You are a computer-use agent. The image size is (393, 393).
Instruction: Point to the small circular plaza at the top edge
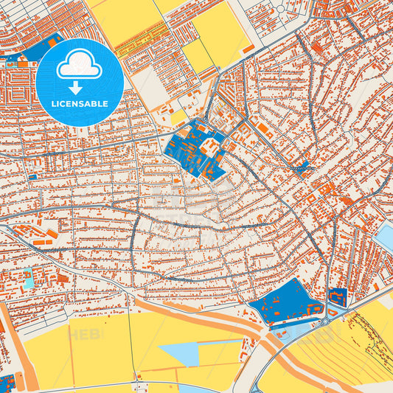pyautogui.click(x=280, y=9)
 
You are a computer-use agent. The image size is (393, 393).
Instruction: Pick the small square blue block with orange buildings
pyautogui.click(x=337, y=298)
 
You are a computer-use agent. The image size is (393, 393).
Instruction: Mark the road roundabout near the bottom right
pyautogui.click(x=325, y=321)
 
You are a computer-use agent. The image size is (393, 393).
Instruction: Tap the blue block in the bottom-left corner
pyautogui.click(x=7, y=383)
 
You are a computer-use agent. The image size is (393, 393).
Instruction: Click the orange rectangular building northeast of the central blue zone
pyautogui.click(x=263, y=128)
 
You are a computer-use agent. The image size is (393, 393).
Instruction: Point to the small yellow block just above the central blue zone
pyautogui.click(x=178, y=117)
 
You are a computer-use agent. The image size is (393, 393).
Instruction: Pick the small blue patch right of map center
pyautogui.click(x=302, y=164)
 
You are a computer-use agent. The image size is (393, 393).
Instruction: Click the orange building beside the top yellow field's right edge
pyautogui.click(x=248, y=49)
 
